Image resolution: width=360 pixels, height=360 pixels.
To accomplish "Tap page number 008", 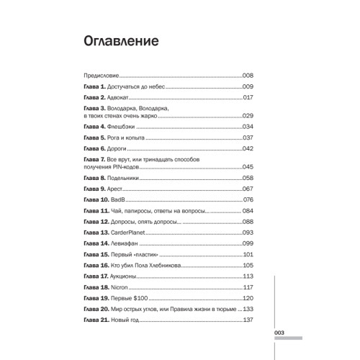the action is (250, 75).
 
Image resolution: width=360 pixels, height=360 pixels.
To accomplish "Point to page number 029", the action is (250, 115).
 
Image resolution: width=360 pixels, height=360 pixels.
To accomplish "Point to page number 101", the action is (250, 255).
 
